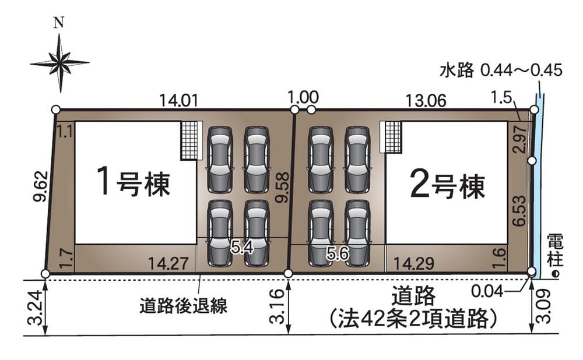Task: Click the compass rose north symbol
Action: (x=59, y=61)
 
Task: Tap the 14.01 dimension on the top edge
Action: (x=179, y=100)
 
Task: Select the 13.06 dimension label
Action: (x=427, y=100)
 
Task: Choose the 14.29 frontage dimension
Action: (x=413, y=263)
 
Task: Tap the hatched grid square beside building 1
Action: (x=189, y=140)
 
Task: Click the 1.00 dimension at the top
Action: (x=303, y=97)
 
